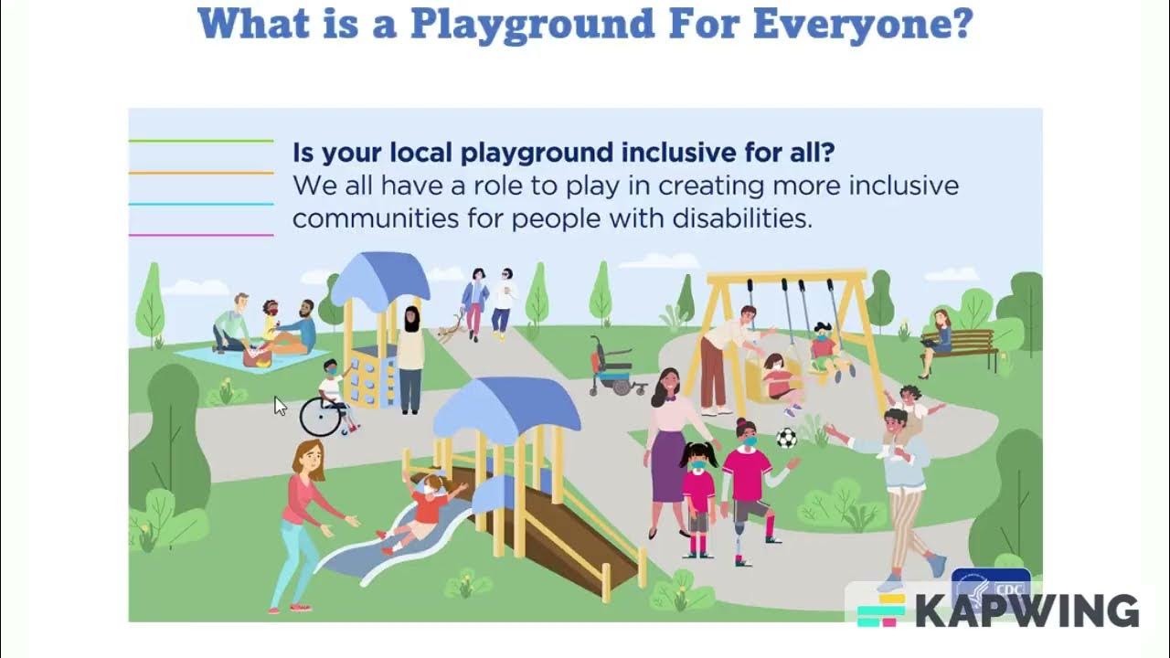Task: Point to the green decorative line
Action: (x=201, y=141)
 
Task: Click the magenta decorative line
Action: (x=201, y=235)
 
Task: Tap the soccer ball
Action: (x=786, y=438)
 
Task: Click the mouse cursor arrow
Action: (x=280, y=406)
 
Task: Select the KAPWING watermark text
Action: (x=1026, y=611)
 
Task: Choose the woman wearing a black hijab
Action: (x=410, y=356)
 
